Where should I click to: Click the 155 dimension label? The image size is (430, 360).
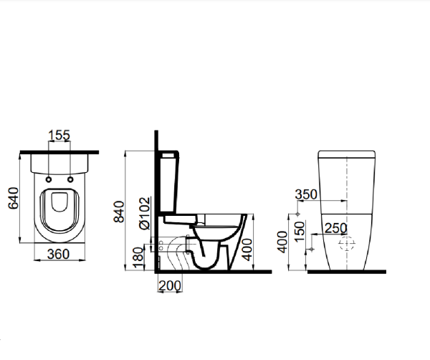click(x=59, y=135)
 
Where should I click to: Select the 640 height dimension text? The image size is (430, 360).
click(x=13, y=198)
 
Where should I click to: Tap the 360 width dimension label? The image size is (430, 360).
click(x=59, y=254)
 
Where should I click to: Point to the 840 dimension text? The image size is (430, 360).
click(x=119, y=212)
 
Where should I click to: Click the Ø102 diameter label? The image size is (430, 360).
click(x=145, y=213)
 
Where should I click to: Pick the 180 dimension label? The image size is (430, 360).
click(x=138, y=257)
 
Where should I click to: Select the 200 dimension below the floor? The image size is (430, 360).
click(x=170, y=285)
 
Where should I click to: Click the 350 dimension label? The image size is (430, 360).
click(x=306, y=194)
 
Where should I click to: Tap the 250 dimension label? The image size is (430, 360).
click(x=336, y=228)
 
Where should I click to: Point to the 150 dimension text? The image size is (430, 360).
click(x=300, y=232)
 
